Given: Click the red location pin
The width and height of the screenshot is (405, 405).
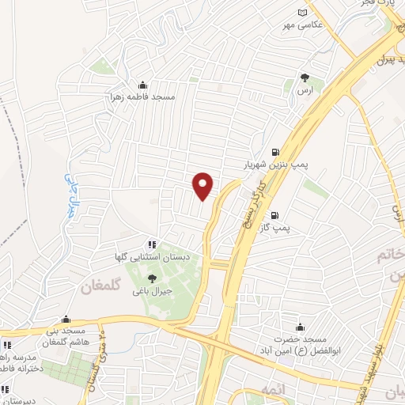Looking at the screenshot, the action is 203,185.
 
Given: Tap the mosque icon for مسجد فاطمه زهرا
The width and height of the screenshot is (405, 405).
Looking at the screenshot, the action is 142,85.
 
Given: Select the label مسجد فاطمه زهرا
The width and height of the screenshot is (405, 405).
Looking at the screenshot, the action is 142,97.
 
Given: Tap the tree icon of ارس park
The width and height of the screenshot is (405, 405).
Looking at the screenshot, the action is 305,78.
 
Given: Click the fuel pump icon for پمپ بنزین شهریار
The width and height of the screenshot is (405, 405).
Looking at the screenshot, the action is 274,153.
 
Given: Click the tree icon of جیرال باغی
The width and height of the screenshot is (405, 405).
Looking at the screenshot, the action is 153,277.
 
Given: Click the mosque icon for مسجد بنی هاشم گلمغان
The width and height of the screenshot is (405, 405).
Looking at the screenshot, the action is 77,316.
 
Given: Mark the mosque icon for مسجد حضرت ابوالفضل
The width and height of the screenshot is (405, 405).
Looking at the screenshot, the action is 299,326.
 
